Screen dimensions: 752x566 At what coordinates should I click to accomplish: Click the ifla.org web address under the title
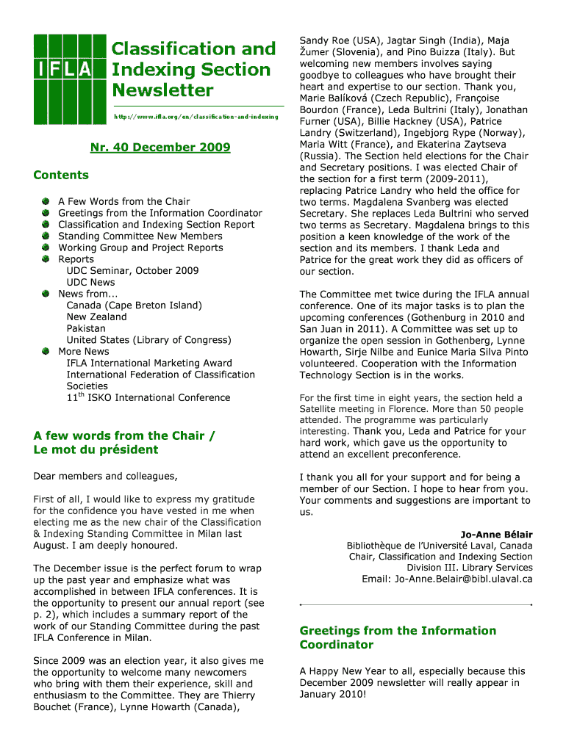tap(196, 117)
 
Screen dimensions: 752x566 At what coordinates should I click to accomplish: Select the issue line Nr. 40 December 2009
tap(160, 148)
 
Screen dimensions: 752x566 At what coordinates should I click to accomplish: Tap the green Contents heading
tap(61, 175)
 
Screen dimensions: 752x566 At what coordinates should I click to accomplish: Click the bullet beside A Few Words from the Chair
tap(46, 201)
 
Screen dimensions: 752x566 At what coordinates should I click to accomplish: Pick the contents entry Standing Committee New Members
tap(140, 236)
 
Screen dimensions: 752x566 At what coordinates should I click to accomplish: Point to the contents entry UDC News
tap(90, 282)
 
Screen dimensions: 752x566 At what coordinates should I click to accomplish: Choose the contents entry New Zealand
tap(96, 317)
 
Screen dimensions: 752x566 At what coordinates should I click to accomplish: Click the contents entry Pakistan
tap(86, 328)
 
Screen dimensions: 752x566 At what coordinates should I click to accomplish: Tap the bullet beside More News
tap(46, 351)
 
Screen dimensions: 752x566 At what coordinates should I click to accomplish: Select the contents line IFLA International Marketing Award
tap(149, 363)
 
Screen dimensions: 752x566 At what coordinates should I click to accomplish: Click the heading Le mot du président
tap(96, 449)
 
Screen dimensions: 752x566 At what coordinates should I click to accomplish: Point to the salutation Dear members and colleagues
tap(105, 476)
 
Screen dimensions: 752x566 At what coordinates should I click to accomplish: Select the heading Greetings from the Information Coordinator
tap(398, 637)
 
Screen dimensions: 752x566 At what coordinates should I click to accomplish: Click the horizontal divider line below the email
tap(416, 604)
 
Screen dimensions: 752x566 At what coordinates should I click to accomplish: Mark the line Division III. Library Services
tap(470, 568)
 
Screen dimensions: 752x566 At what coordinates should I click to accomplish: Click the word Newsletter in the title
tap(162, 90)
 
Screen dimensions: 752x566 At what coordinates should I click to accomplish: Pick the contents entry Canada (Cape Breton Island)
tap(134, 305)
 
